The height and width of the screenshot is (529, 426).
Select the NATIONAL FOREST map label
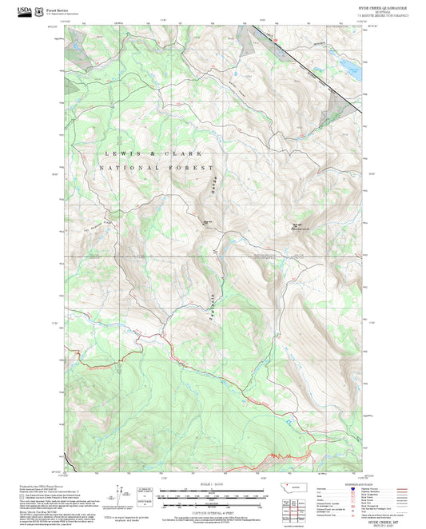157,169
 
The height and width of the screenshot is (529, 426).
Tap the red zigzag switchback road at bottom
280,456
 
